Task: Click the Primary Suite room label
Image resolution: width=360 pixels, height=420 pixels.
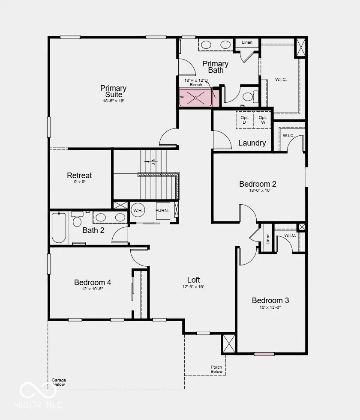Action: click(113, 91)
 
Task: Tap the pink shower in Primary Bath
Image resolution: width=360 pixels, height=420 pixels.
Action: click(196, 98)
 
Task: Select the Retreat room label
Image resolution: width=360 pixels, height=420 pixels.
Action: click(79, 176)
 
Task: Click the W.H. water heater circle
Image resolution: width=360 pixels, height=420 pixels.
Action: click(138, 210)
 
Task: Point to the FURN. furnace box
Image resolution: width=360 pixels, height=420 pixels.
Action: click(163, 211)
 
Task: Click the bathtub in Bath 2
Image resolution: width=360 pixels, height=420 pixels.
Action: click(59, 228)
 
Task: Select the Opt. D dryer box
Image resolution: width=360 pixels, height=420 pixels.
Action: click(244, 120)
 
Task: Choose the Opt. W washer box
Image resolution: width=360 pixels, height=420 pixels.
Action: click(263, 120)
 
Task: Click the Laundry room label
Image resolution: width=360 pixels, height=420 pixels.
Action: click(252, 143)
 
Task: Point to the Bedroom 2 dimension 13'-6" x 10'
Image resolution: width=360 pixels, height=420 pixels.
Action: click(259, 191)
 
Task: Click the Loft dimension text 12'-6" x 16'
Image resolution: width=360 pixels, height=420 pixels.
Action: click(193, 286)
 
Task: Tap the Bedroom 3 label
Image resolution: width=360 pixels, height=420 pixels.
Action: click(270, 301)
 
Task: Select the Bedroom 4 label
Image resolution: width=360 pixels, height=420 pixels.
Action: click(93, 282)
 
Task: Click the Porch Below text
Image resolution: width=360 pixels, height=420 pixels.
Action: click(216, 369)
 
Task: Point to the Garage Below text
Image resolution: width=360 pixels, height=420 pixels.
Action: click(59, 382)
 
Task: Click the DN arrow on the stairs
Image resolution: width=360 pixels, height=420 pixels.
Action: click(147, 161)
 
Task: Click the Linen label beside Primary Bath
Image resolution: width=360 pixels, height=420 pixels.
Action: click(247, 42)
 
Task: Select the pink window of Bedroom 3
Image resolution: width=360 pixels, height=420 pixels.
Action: click(264, 354)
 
